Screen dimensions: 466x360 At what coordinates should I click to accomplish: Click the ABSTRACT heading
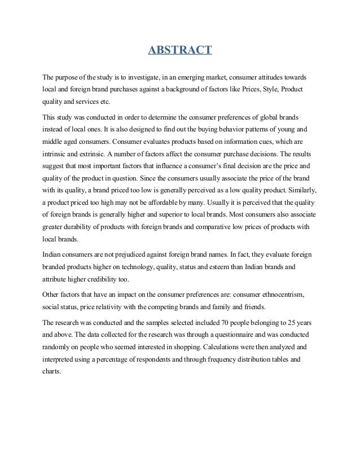tap(180, 52)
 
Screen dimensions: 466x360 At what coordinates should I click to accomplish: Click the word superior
tap(183, 217)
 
